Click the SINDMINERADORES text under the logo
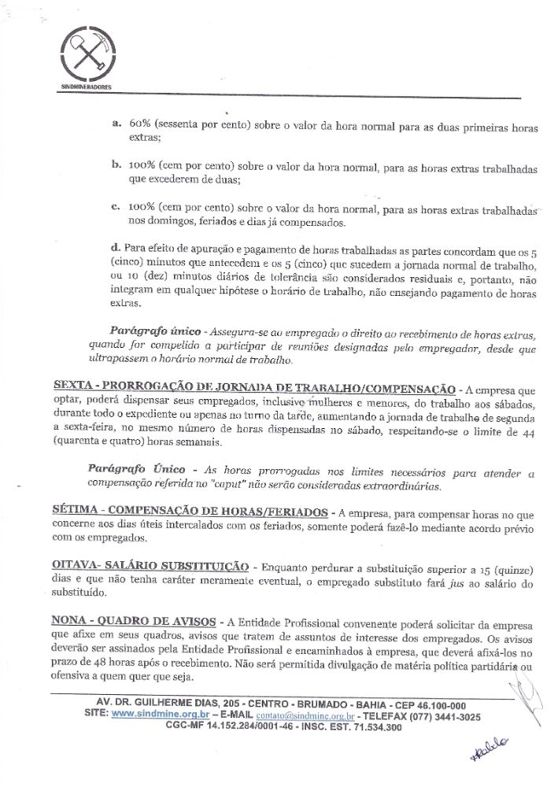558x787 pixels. point(87,85)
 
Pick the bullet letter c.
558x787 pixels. point(116,209)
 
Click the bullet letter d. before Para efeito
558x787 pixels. point(116,249)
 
